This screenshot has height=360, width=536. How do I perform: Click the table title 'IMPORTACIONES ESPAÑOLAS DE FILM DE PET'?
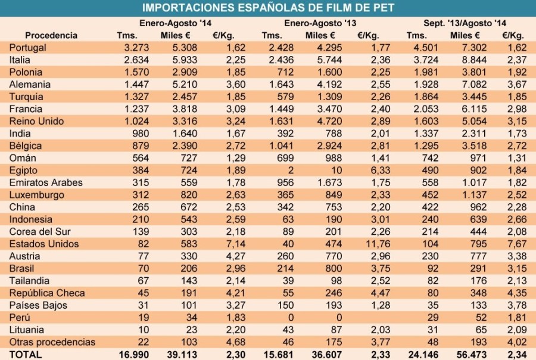pos(268,8)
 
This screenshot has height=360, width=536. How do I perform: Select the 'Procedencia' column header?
pos(51,35)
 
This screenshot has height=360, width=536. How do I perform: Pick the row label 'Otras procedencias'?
pos(52,342)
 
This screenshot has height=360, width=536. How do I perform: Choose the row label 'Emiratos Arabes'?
pos(46,182)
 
